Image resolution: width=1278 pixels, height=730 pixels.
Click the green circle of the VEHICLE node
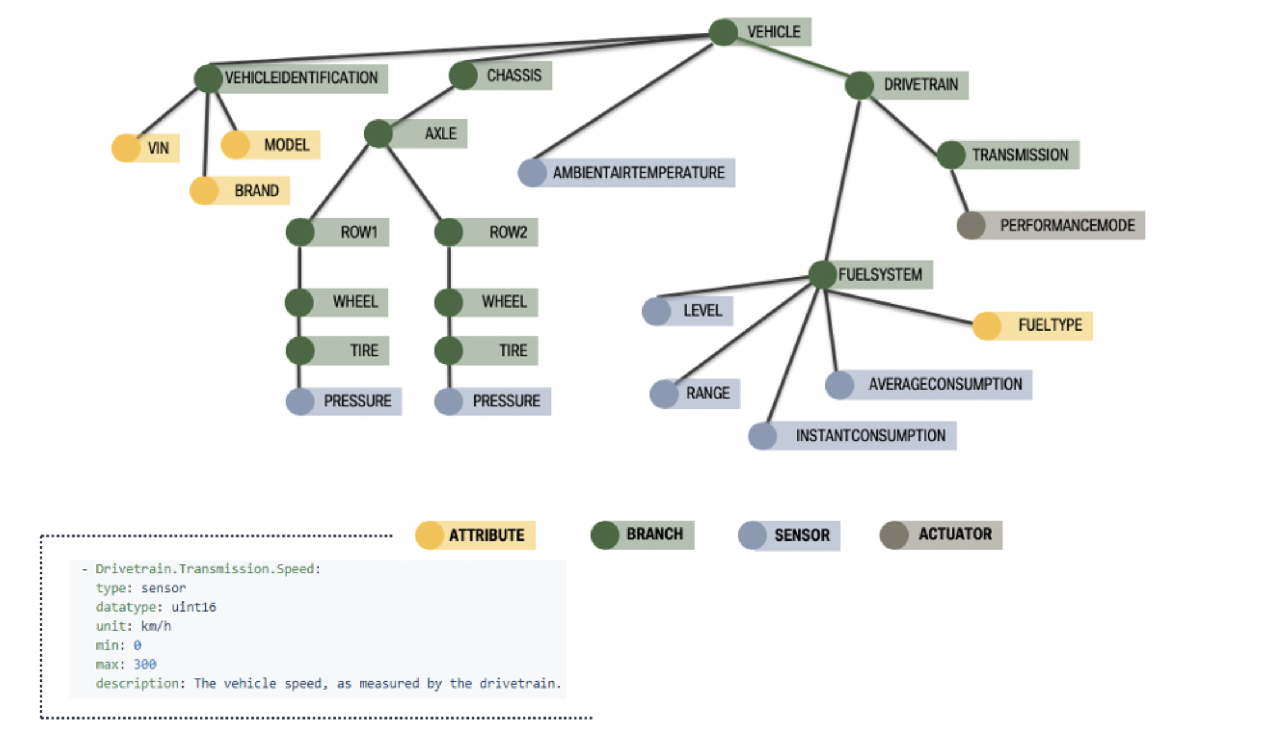tap(723, 32)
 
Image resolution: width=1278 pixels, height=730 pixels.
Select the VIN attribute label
tap(158, 148)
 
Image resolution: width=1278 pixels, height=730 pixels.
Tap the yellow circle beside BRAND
tap(204, 191)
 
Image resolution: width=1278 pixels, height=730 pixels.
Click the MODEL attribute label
tap(286, 145)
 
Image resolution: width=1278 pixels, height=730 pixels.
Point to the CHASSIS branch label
tap(514, 76)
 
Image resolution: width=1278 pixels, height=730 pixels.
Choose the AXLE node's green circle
tap(378, 134)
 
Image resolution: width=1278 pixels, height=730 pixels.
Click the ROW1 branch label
tap(359, 232)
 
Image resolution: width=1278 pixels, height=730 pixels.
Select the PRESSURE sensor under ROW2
tap(506, 401)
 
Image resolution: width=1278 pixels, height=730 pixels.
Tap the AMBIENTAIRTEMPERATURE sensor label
tap(638, 173)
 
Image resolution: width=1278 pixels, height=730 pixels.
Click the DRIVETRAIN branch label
tap(921, 85)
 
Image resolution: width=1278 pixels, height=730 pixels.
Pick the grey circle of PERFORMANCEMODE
tap(971, 226)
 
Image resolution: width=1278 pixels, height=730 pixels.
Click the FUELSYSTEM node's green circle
tap(823, 274)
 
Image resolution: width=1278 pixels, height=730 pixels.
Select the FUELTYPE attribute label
tap(1050, 325)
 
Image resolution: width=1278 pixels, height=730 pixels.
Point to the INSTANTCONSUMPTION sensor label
tap(870, 436)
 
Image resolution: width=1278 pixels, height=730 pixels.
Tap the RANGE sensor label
tap(708, 394)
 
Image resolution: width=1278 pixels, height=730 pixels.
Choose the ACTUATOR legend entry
tap(954, 535)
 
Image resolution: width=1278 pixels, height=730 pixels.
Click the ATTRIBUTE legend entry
tap(486, 535)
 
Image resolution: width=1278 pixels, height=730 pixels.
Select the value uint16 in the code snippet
tap(193, 607)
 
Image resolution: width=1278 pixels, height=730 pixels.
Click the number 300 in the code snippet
tap(145, 665)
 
